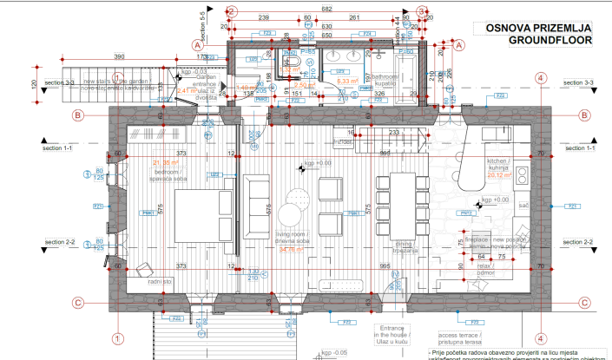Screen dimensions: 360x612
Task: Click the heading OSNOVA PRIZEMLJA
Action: click(x=539, y=28)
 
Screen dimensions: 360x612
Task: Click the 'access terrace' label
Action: click(x=458, y=335)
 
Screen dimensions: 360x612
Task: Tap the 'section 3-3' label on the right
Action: click(x=576, y=82)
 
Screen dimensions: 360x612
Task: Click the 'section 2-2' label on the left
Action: click(x=60, y=242)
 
